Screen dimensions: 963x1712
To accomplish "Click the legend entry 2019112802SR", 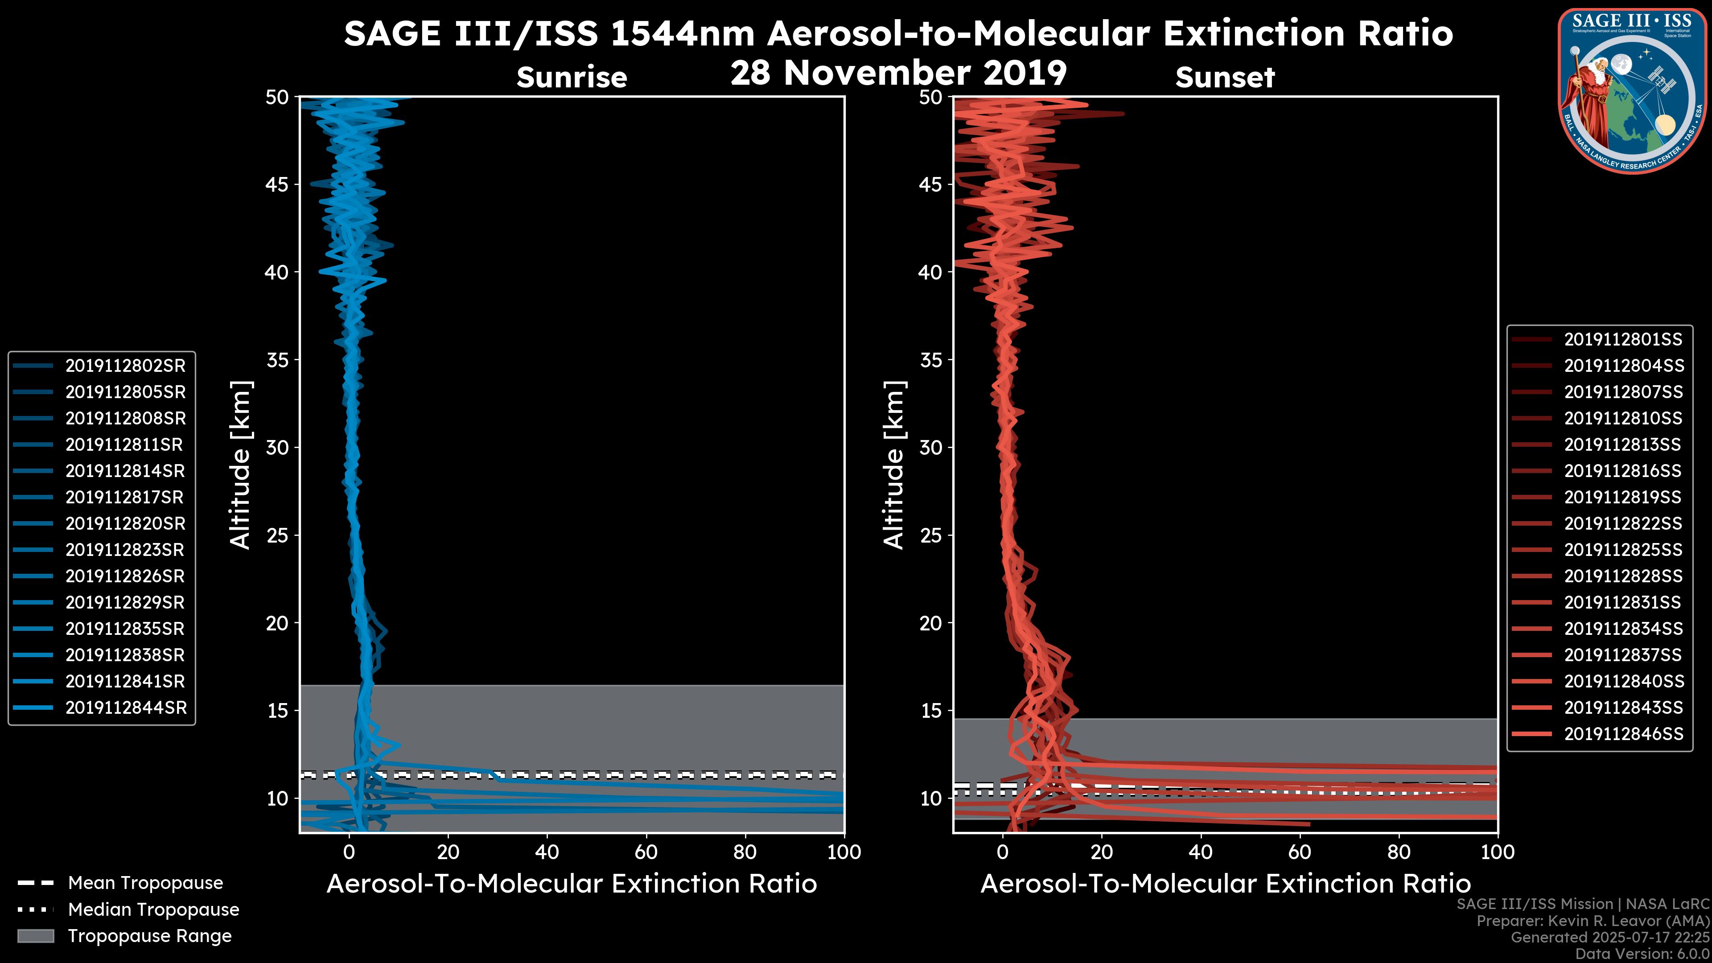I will (x=125, y=366).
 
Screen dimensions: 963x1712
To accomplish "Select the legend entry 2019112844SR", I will (x=125, y=708).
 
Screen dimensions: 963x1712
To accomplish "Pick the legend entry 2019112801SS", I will (x=1623, y=340).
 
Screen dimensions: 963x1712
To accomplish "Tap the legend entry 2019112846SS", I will (x=1623, y=734).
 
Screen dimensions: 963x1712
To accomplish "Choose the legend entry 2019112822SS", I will (x=1623, y=524).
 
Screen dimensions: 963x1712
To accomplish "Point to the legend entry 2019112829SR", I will (x=125, y=602).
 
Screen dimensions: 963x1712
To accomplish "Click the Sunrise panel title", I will (x=572, y=78).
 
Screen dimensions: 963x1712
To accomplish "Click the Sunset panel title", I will (x=1225, y=78).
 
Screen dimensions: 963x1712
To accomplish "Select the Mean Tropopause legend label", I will (x=145, y=883).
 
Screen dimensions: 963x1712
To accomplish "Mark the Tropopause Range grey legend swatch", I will (x=36, y=936).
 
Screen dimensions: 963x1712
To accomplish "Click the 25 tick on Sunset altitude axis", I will (x=931, y=535).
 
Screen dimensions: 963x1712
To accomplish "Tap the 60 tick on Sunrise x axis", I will (x=646, y=852).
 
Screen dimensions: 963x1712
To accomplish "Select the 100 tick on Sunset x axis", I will (x=1498, y=852).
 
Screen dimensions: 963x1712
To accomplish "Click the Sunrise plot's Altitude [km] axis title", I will (x=241, y=465).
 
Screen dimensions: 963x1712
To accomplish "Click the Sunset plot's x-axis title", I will (x=1225, y=884).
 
